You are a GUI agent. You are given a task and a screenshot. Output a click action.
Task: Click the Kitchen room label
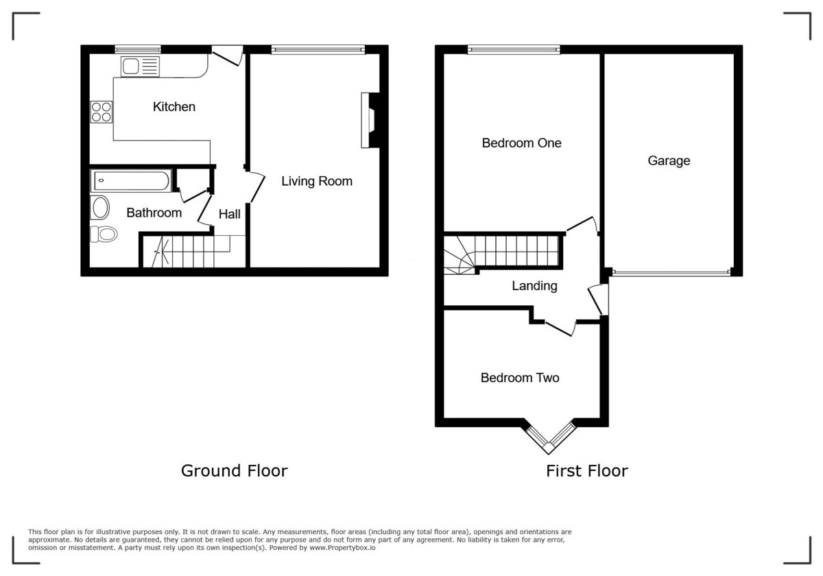(174, 107)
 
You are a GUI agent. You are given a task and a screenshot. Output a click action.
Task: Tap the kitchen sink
(140, 67)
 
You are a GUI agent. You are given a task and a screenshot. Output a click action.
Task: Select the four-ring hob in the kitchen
(102, 112)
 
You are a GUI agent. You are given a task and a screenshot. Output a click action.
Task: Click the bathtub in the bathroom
(130, 181)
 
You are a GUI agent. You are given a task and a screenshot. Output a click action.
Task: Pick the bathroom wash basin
(100, 208)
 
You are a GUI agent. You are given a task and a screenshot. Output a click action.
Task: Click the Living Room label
(317, 182)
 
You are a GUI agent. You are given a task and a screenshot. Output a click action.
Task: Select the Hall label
(229, 215)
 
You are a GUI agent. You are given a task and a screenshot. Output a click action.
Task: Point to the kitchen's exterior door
(227, 55)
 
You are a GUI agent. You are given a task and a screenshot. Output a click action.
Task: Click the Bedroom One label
(521, 143)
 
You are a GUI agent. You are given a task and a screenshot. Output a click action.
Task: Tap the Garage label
(669, 161)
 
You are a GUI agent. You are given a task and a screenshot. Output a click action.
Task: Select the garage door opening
(671, 273)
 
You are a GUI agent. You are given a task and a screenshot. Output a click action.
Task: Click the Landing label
(534, 287)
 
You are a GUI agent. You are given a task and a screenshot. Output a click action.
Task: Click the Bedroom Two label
(520, 378)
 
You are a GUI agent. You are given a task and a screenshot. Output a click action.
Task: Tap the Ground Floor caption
(234, 471)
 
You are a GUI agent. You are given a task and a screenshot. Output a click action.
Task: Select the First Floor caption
(586, 471)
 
